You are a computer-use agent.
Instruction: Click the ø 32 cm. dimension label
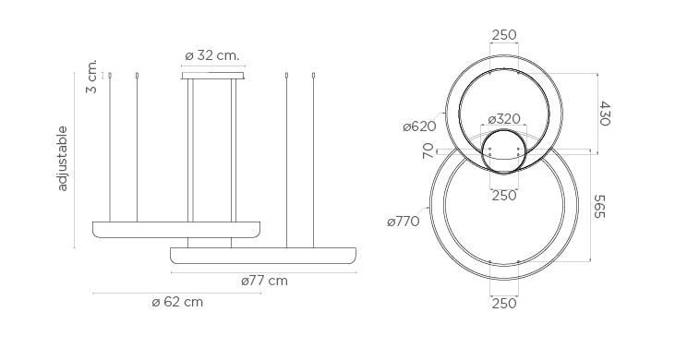coord(211,55)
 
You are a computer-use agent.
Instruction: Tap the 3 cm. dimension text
coord(91,77)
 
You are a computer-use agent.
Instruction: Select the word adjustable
coord(63,158)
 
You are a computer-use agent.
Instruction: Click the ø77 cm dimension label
coord(264,281)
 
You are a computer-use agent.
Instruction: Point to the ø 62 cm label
coord(177,302)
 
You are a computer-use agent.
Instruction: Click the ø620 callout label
coord(419,126)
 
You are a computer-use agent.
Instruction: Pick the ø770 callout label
coord(404,222)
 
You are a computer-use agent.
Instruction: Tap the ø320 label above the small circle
coord(504,119)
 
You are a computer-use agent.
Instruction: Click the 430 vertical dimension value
coord(605,114)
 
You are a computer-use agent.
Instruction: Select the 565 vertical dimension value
coord(599,207)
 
